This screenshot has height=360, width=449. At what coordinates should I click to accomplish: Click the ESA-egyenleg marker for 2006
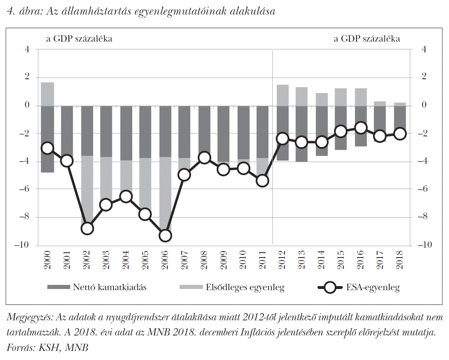pos(165,236)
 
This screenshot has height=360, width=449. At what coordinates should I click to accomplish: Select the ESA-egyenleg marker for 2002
pos(87,229)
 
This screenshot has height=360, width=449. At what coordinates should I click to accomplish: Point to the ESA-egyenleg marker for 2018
pos(400,133)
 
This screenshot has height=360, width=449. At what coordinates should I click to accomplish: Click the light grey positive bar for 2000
pos(48,94)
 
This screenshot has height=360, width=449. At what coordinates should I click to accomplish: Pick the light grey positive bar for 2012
pos(282,95)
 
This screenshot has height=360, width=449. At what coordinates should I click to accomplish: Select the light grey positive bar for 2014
pos(322,99)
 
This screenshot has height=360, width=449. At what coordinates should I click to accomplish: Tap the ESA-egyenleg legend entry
pos(359,287)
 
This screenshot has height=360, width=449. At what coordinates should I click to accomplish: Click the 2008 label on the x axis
pos(205,260)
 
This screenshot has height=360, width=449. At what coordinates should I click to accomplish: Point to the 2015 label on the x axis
pos(341,260)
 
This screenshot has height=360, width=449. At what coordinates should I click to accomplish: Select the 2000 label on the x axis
pos(48,260)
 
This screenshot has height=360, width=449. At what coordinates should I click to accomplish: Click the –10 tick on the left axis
pos(22,245)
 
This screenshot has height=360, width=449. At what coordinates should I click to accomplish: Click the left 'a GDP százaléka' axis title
pos(79,39)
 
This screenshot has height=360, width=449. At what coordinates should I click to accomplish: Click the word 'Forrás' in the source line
pos(20,348)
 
